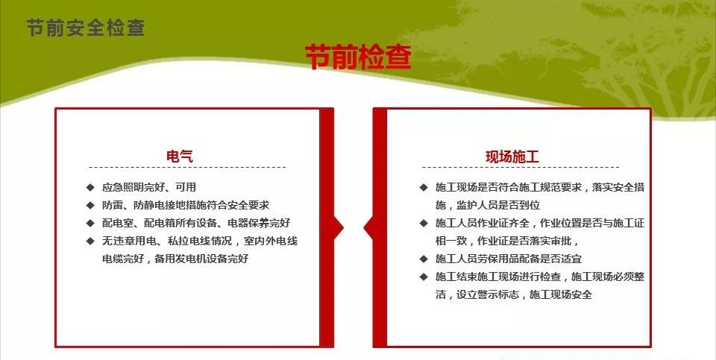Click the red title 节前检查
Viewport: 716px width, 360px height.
(x=358, y=57)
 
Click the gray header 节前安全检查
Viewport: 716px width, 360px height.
(x=85, y=28)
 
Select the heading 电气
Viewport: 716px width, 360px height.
(x=180, y=156)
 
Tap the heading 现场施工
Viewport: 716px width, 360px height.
(x=512, y=157)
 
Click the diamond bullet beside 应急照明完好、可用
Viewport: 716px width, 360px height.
(x=90, y=187)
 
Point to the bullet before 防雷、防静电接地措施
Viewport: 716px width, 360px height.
(x=90, y=205)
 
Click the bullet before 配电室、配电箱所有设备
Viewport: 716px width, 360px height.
(x=90, y=223)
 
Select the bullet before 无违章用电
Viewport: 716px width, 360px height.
(x=90, y=241)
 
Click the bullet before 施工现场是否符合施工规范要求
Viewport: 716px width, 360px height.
(x=424, y=187)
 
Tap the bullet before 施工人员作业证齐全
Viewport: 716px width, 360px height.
(x=424, y=223)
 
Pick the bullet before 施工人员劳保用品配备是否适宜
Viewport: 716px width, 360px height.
(x=424, y=259)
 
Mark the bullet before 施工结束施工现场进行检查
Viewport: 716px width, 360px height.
(x=424, y=277)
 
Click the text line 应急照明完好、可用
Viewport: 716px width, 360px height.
(x=149, y=187)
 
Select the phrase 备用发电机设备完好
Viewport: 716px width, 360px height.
(x=201, y=259)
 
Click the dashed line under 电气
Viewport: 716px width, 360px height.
(x=187, y=168)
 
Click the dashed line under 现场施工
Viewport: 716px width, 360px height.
(x=521, y=168)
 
